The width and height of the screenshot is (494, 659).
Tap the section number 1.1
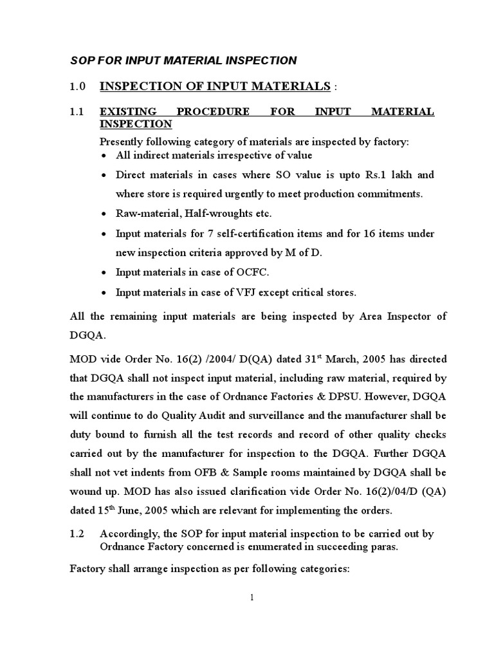pyautogui.click(x=77, y=112)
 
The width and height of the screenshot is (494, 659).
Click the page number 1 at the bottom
pyautogui.click(x=253, y=597)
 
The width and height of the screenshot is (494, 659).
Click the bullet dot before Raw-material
pyautogui.click(x=105, y=213)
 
